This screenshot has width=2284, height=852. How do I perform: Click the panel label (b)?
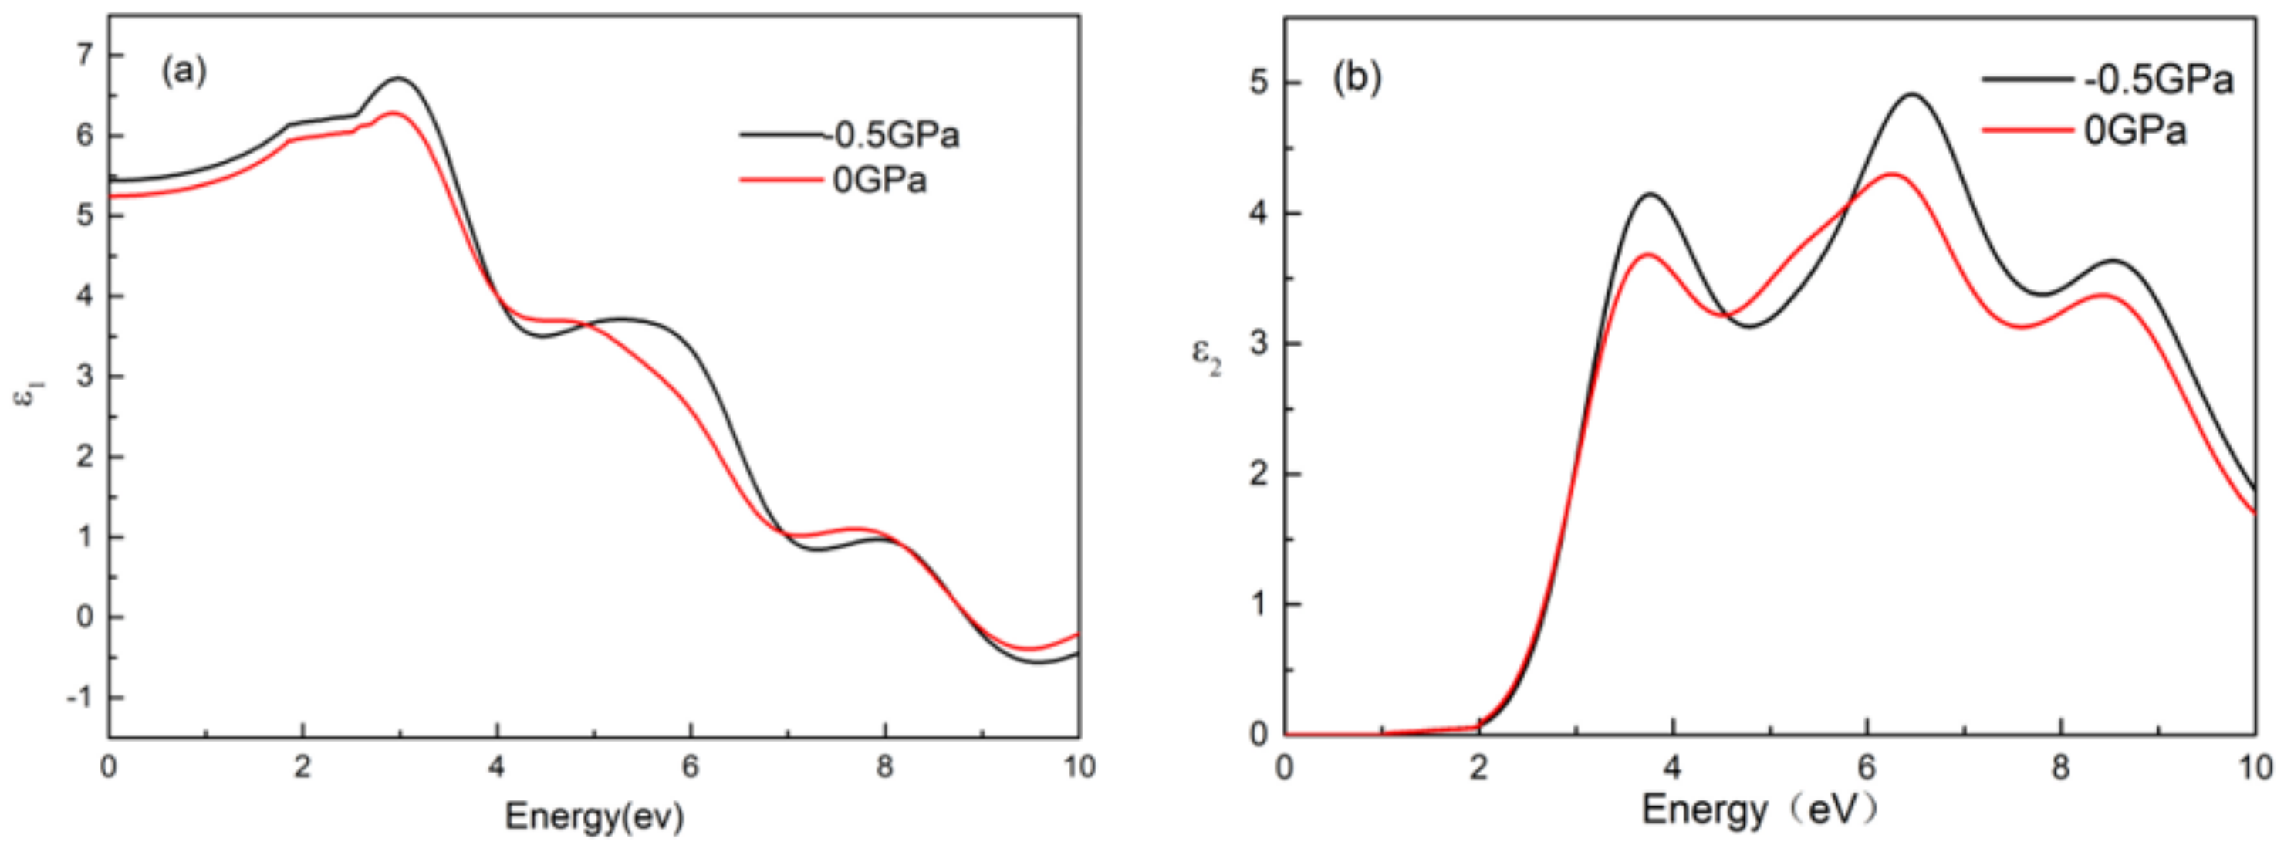[1357, 78]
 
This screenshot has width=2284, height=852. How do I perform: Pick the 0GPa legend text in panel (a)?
[880, 181]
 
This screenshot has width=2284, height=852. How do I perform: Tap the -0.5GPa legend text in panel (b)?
[2158, 81]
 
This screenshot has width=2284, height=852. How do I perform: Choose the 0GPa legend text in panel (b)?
[2135, 131]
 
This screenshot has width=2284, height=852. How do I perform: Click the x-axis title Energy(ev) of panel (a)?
[594, 816]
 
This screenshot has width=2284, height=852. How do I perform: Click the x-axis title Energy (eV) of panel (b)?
[1759, 810]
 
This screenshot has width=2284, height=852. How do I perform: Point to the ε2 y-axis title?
[1206, 357]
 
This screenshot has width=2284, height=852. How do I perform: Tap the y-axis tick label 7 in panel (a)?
[84, 55]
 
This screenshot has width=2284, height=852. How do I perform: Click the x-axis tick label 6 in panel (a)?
[690, 767]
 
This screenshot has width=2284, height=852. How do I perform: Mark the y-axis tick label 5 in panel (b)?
[1259, 83]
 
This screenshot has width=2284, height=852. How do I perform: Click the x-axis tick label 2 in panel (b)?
[1478, 767]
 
